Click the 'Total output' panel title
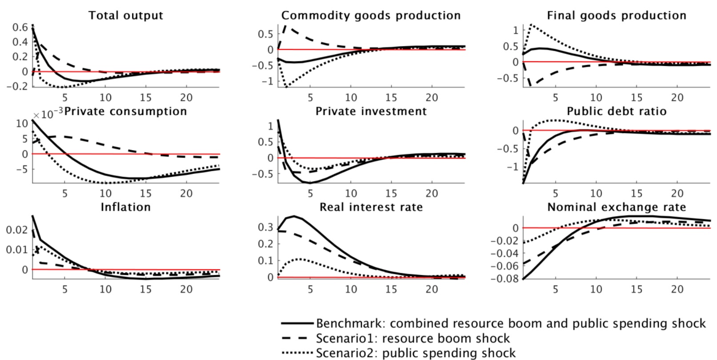pyautogui.click(x=126, y=16)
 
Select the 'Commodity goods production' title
pyautogui.click(x=371, y=16)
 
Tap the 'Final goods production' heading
pyautogui.click(x=616, y=16)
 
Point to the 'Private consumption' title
pyautogui.click(x=125, y=111)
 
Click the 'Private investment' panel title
pyautogui.click(x=371, y=111)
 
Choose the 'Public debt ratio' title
pyautogui.click(x=616, y=111)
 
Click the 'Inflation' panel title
pyautogui.click(x=125, y=207)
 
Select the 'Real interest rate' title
pyautogui.click(x=371, y=207)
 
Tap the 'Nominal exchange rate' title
pyautogui.click(x=616, y=207)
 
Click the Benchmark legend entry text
pyautogui.click(x=511, y=324)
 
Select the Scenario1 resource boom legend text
pyautogui.click(x=413, y=338)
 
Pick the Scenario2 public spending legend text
pyautogui.click(x=416, y=353)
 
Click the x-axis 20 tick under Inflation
pyautogui.click(x=186, y=289)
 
